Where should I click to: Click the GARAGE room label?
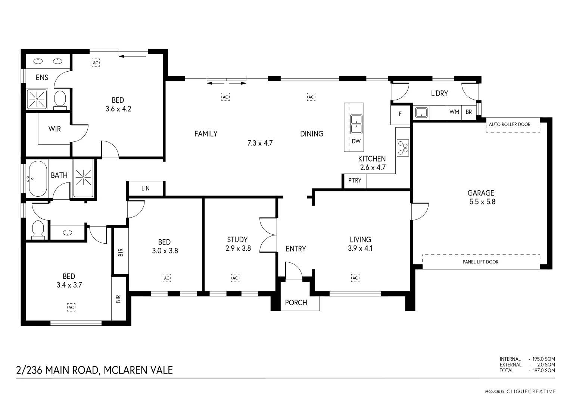coord(481,193)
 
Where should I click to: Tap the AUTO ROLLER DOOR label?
coord(510,125)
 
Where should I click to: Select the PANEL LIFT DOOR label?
coord(480,262)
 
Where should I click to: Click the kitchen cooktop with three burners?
coord(403,147)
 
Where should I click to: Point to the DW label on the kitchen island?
coord(356,141)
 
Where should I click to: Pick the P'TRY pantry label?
coord(355,181)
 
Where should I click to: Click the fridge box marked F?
coord(400,114)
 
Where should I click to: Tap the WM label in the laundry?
coord(454,112)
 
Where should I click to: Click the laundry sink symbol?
coord(421,112)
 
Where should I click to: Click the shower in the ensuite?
coord(37,99)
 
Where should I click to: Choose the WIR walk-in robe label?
coord(54,129)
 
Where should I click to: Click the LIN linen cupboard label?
coord(146,188)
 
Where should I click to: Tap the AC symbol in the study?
coord(235,278)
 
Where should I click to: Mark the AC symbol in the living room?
coord(355,278)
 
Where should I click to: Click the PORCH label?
coord(296,303)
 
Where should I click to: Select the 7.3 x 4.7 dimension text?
coord(260,143)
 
